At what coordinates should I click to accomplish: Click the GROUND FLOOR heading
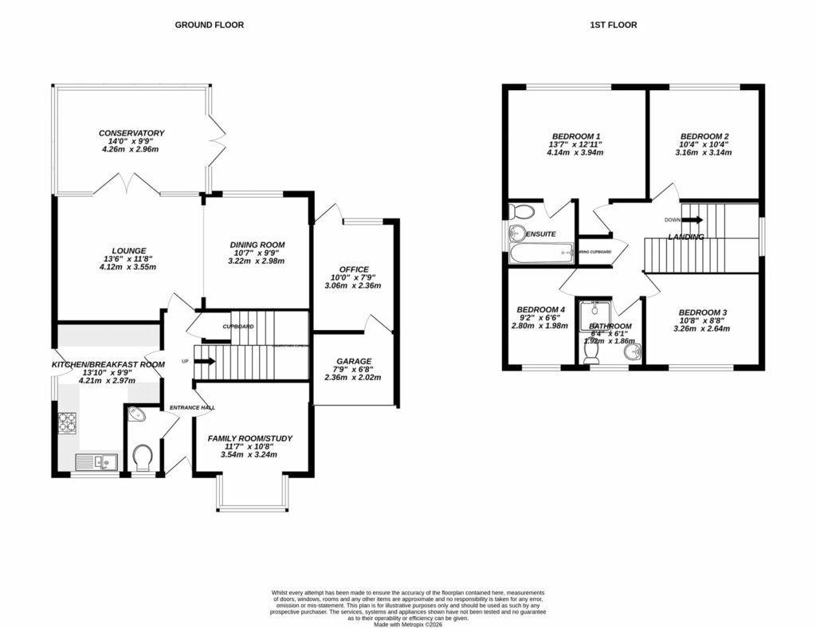(x=209, y=25)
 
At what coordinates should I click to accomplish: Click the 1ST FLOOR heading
(x=613, y=25)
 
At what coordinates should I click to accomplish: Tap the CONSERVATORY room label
(x=131, y=132)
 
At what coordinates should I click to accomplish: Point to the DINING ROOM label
(x=257, y=245)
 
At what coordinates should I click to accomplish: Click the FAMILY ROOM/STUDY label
(x=250, y=438)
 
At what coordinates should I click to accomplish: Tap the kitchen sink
(x=96, y=461)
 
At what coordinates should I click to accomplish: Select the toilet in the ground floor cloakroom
(x=143, y=457)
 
